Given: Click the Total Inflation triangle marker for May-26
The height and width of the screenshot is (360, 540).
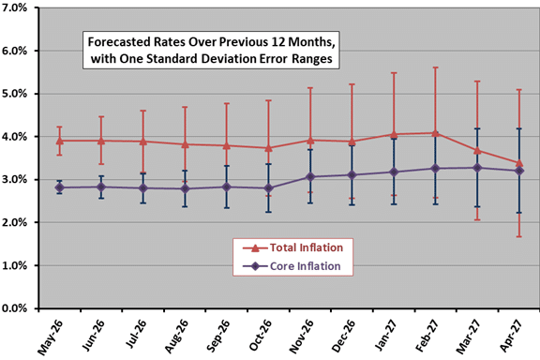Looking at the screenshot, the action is click(60, 141).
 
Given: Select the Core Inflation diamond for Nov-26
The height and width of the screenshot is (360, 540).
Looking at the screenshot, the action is click(310, 177).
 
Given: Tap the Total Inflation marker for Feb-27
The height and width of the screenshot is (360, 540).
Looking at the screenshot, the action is click(435, 133).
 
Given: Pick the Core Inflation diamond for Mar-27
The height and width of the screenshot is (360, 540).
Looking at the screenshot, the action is click(477, 168).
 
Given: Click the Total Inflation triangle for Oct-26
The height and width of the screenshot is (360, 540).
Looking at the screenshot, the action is click(269, 148).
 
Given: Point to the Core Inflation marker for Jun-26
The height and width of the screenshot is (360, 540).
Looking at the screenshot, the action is click(101, 187).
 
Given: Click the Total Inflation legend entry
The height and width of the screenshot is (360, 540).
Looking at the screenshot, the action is click(292, 247).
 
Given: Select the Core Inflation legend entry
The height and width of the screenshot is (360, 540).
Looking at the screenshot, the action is click(292, 266).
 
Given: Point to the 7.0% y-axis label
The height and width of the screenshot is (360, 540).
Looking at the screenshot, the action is click(14, 7).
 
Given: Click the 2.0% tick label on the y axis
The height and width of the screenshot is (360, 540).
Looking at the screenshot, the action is click(14, 222).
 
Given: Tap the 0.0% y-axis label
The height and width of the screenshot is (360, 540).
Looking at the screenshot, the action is click(14, 308).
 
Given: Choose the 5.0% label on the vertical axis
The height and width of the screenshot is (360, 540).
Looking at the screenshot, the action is click(14, 94).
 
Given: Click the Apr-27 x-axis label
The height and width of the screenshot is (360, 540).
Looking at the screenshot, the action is click(511, 336).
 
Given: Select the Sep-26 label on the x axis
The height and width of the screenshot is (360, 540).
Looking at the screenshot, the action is click(219, 336).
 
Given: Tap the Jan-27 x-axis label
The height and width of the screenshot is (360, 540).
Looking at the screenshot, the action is click(386, 335).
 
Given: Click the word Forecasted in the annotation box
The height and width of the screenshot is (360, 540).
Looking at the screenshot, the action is click(116, 42).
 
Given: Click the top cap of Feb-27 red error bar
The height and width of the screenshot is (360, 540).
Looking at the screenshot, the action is click(435, 67).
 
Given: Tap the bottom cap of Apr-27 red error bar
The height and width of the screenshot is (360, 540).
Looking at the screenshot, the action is click(519, 236).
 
